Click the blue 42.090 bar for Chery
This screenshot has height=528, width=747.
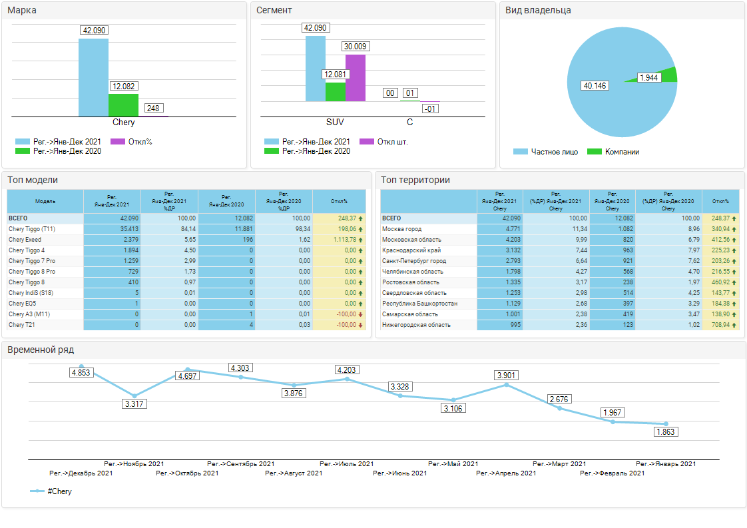93,77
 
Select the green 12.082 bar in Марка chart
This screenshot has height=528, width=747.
123,105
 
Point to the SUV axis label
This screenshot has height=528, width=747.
335,123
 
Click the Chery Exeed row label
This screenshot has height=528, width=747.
25,240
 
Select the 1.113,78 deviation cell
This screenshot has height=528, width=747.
340,240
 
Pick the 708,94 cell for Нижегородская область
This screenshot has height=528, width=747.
718,325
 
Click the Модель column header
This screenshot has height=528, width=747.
45,201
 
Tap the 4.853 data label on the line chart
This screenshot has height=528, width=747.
81,373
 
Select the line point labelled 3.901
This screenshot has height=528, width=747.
507,385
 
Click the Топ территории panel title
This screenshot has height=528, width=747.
415,180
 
